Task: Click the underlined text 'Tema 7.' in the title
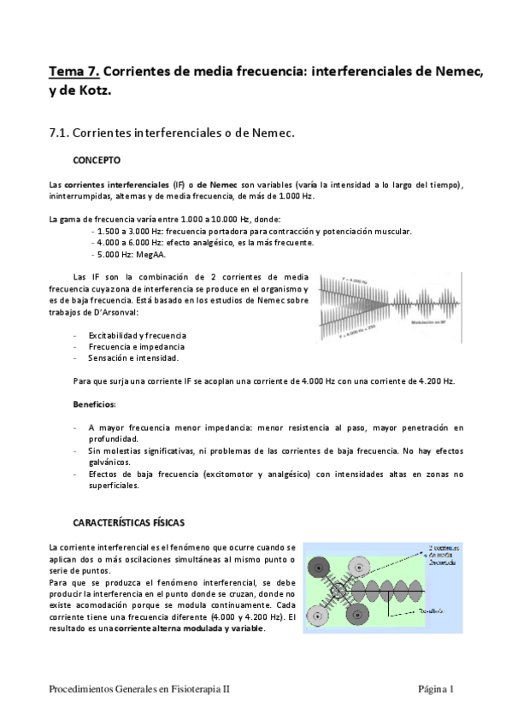(74, 72)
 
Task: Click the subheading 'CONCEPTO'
(97, 160)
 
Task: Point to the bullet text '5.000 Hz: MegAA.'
(131, 254)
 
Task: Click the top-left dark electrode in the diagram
(321, 563)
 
